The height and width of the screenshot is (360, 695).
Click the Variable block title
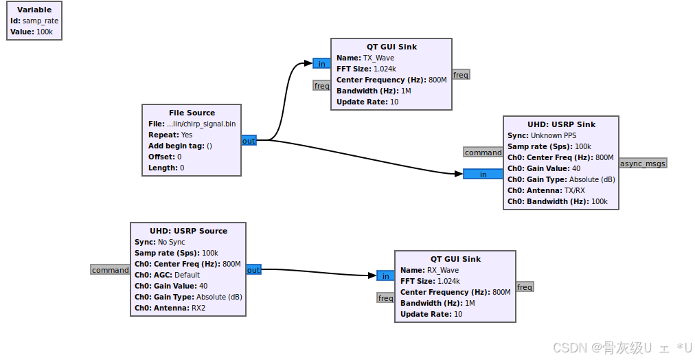[x=34, y=10]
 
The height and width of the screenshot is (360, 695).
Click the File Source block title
[x=192, y=113]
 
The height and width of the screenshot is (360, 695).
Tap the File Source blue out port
[x=249, y=141]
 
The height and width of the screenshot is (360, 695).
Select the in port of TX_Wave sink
[x=321, y=64]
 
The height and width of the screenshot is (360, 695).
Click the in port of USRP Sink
[x=483, y=174]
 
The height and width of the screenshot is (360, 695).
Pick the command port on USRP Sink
[x=483, y=153]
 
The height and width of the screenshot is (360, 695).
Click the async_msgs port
[x=643, y=163]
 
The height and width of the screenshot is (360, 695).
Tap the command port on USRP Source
[x=110, y=270]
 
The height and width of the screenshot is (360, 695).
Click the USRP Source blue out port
[x=253, y=270]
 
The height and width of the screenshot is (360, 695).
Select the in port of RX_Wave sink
[x=385, y=276]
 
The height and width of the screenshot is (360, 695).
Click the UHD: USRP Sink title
[x=561, y=124]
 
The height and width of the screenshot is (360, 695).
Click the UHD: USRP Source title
[x=188, y=231]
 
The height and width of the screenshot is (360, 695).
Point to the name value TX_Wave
[x=378, y=58]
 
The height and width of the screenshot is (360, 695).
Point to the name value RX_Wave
[x=442, y=270]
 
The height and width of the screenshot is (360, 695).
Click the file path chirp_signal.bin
[x=201, y=124]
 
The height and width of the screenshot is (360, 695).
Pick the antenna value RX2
[x=198, y=308]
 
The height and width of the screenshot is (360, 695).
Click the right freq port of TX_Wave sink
[x=461, y=75]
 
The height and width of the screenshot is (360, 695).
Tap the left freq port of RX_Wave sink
[x=385, y=298]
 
